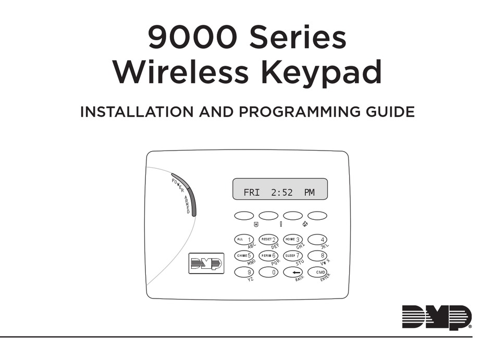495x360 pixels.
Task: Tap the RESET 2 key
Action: tap(268, 240)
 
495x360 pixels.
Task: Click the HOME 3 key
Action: tap(293, 240)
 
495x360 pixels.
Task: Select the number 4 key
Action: tap(317, 240)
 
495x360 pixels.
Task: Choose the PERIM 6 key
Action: tap(268, 256)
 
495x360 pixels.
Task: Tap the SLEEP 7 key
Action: tap(293, 256)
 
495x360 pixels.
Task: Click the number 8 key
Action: tap(317, 256)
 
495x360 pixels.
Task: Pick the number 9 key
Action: tap(244, 272)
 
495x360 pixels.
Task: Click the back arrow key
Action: tap(293, 272)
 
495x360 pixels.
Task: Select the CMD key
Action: tap(317, 272)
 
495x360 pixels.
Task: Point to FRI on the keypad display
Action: tap(251, 193)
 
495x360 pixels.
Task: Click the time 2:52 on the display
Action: tap(282, 193)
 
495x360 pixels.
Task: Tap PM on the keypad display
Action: tap(310, 193)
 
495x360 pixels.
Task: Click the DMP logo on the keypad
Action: tap(206, 264)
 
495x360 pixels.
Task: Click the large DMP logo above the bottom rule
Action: tap(437, 318)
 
